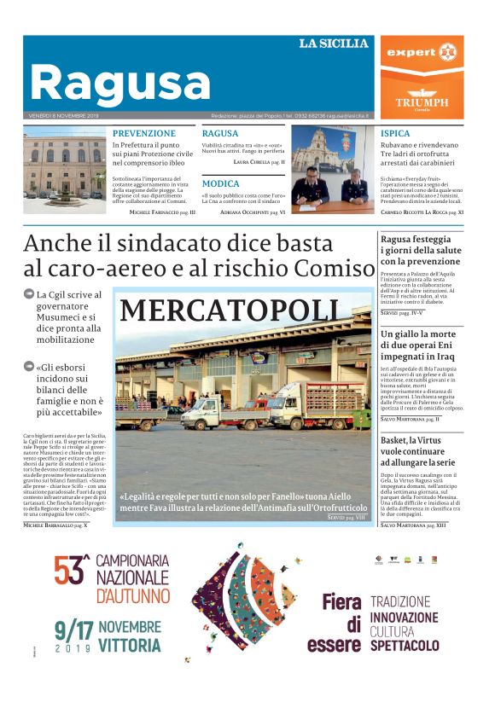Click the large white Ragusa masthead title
pos(120,84)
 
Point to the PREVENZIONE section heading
pos(144,133)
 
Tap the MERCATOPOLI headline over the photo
pos(230,310)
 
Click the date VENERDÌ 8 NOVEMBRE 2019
pos(65,115)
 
